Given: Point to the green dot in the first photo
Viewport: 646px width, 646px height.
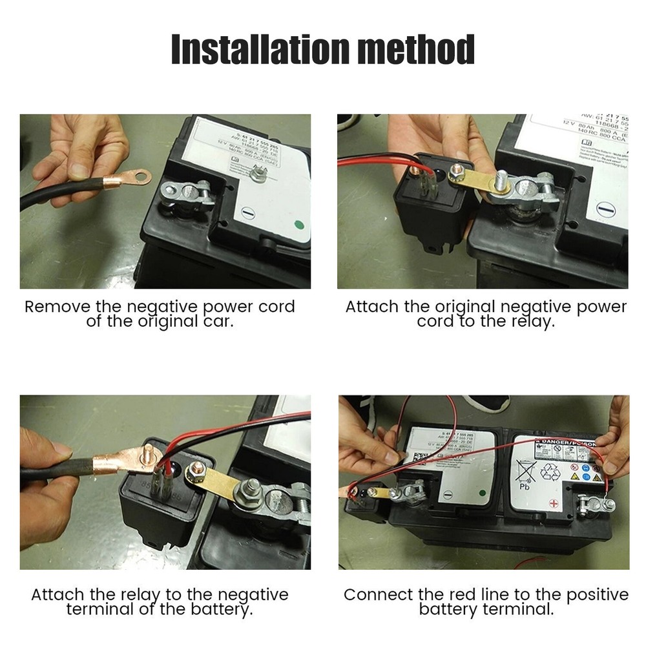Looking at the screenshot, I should point(298,226).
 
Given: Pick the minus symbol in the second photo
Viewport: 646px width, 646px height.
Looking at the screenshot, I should point(604,209).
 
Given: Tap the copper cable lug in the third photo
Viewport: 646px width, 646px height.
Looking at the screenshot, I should point(123,459).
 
